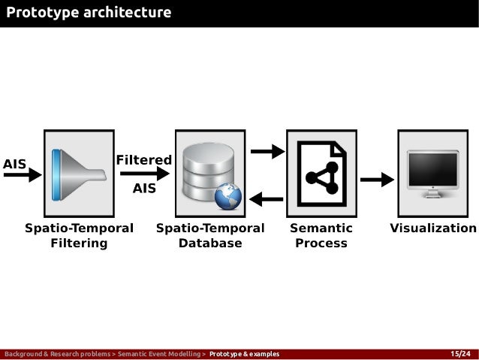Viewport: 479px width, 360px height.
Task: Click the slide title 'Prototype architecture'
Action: coord(89,13)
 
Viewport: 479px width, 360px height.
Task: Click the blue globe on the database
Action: coord(227,198)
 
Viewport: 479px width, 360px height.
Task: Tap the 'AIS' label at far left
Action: coord(15,163)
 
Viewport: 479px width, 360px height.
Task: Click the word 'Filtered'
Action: coord(143,160)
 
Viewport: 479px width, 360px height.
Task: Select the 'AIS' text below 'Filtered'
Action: coord(144,189)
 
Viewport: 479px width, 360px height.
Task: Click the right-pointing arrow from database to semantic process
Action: coord(267,152)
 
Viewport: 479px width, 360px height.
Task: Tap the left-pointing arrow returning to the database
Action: coord(267,199)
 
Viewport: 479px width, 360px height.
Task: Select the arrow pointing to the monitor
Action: coord(378,179)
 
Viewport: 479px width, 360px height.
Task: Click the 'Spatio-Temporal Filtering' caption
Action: coord(79,235)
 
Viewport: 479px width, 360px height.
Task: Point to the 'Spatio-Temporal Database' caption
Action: coord(210,235)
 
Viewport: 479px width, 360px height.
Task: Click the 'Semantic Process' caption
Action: coord(321,235)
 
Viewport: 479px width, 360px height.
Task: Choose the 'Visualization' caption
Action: coord(433,228)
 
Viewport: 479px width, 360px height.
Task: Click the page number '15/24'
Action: coord(459,354)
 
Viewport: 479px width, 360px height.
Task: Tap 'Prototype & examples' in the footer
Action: coord(244,354)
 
